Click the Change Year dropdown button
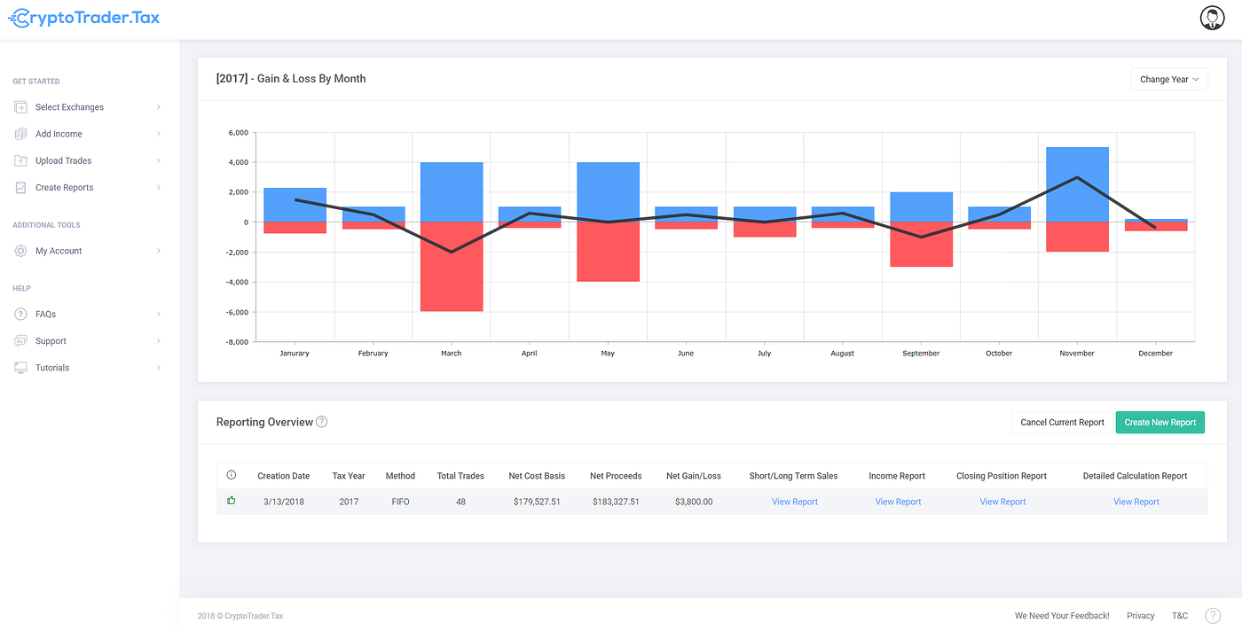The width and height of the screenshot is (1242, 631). tap(1168, 80)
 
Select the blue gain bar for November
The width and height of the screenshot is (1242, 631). tap(1077, 184)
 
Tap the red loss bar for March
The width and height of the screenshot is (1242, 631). tap(451, 266)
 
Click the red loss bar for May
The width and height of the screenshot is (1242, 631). tap(608, 252)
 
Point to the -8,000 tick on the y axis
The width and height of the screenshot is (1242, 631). tap(237, 342)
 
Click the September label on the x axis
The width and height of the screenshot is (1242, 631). tap(921, 354)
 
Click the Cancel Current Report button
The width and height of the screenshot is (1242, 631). tap(1062, 423)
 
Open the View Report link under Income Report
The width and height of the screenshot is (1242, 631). tap(898, 502)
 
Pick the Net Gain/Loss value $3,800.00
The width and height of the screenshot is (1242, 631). tap(694, 502)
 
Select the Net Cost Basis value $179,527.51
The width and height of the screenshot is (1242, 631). tap(537, 502)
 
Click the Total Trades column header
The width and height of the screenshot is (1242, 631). tap(460, 476)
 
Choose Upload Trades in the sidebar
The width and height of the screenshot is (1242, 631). tap(63, 161)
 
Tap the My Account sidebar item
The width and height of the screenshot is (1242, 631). tap(59, 251)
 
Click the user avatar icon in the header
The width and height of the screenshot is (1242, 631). tap(1212, 18)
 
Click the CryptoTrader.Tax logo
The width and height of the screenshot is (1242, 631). tap(83, 18)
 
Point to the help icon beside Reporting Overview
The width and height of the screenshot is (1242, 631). tap(322, 422)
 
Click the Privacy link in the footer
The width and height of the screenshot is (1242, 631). tap(1141, 616)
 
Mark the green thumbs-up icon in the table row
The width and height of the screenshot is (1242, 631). tap(232, 501)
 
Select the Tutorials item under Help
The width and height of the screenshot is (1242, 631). tap(52, 368)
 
